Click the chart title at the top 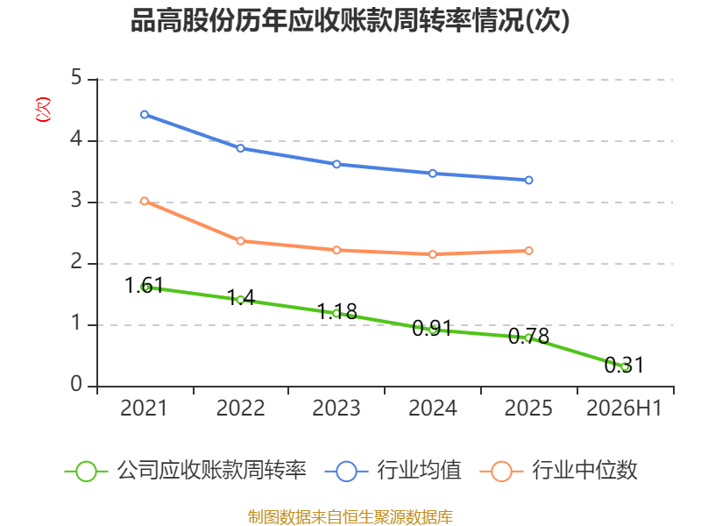[x=350, y=20]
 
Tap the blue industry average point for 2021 [x=145, y=115]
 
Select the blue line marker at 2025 [x=528, y=180]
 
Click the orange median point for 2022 [x=240, y=241]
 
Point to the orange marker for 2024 [x=433, y=254]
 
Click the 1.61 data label [x=144, y=286]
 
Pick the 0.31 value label [x=624, y=365]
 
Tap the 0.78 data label [x=528, y=336]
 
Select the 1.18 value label [x=337, y=311]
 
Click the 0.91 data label [x=432, y=328]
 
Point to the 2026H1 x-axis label [x=624, y=408]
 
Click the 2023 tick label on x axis [x=336, y=408]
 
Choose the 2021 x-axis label [x=144, y=408]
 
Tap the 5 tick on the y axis [x=76, y=77]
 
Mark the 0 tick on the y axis [x=76, y=384]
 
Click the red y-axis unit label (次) [x=43, y=109]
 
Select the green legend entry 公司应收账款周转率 [x=186, y=471]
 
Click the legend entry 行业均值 [x=393, y=471]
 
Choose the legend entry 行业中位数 [x=558, y=471]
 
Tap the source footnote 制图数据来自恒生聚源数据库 [x=350, y=517]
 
